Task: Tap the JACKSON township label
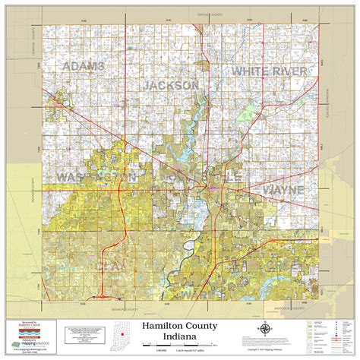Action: [171, 85]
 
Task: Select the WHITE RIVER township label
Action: [270, 71]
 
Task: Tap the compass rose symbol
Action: [265, 330]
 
